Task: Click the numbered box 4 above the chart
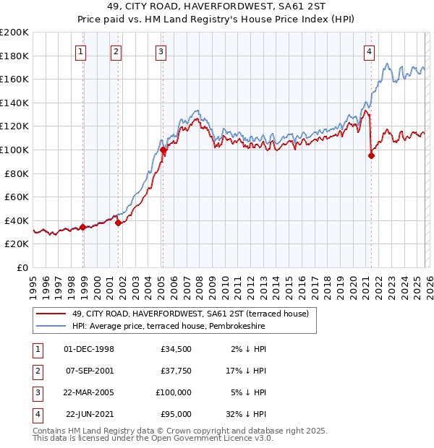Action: pos(369,51)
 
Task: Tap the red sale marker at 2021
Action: pos(371,155)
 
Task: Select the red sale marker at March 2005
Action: pos(163,150)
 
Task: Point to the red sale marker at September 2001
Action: pos(118,223)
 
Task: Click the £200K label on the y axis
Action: pos(14,32)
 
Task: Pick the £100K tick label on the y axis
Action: pos(14,150)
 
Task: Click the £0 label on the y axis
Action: pos(22,267)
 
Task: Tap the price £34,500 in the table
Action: pos(176,349)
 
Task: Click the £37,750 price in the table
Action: pos(176,371)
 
